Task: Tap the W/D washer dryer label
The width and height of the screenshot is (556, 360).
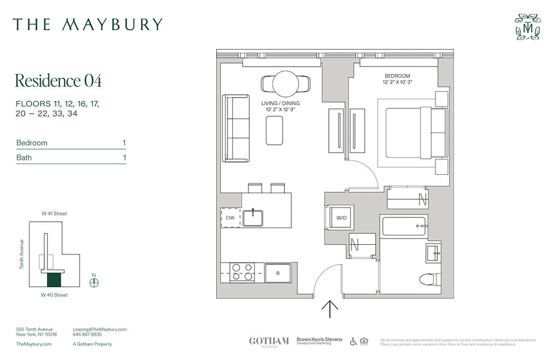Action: point(342,218)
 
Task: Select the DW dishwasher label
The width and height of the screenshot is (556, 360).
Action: point(230,218)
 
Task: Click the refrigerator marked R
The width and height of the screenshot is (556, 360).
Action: point(278,273)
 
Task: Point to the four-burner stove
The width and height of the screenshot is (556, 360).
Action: point(242,273)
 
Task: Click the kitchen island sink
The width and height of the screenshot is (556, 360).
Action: point(254,217)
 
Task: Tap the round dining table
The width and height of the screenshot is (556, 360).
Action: point(285,84)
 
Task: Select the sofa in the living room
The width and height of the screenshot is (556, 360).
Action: point(237,128)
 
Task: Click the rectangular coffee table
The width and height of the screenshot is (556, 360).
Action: point(274,130)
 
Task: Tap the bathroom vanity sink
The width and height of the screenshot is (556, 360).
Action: point(434,253)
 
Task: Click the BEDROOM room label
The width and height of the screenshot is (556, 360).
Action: point(397,76)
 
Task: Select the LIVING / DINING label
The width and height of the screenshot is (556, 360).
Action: point(280,103)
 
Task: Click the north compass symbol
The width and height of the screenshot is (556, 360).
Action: point(94,283)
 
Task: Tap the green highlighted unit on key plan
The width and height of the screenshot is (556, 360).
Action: point(54,280)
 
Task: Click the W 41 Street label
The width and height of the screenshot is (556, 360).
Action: point(54,214)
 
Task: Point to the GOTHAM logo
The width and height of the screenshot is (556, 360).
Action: point(269,341)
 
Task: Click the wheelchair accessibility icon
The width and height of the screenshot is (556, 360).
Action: point(353,342)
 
